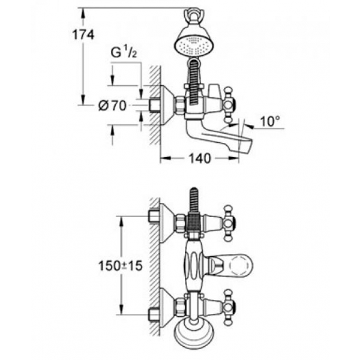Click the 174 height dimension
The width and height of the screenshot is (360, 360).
83,35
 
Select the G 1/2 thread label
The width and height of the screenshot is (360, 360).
124,53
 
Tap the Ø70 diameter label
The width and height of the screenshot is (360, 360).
113,106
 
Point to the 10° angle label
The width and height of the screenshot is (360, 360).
271,121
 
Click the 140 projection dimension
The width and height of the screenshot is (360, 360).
200,158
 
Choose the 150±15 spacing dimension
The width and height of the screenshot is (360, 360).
121,266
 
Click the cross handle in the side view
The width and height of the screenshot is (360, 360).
230,105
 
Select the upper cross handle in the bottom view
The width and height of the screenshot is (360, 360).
230,223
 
